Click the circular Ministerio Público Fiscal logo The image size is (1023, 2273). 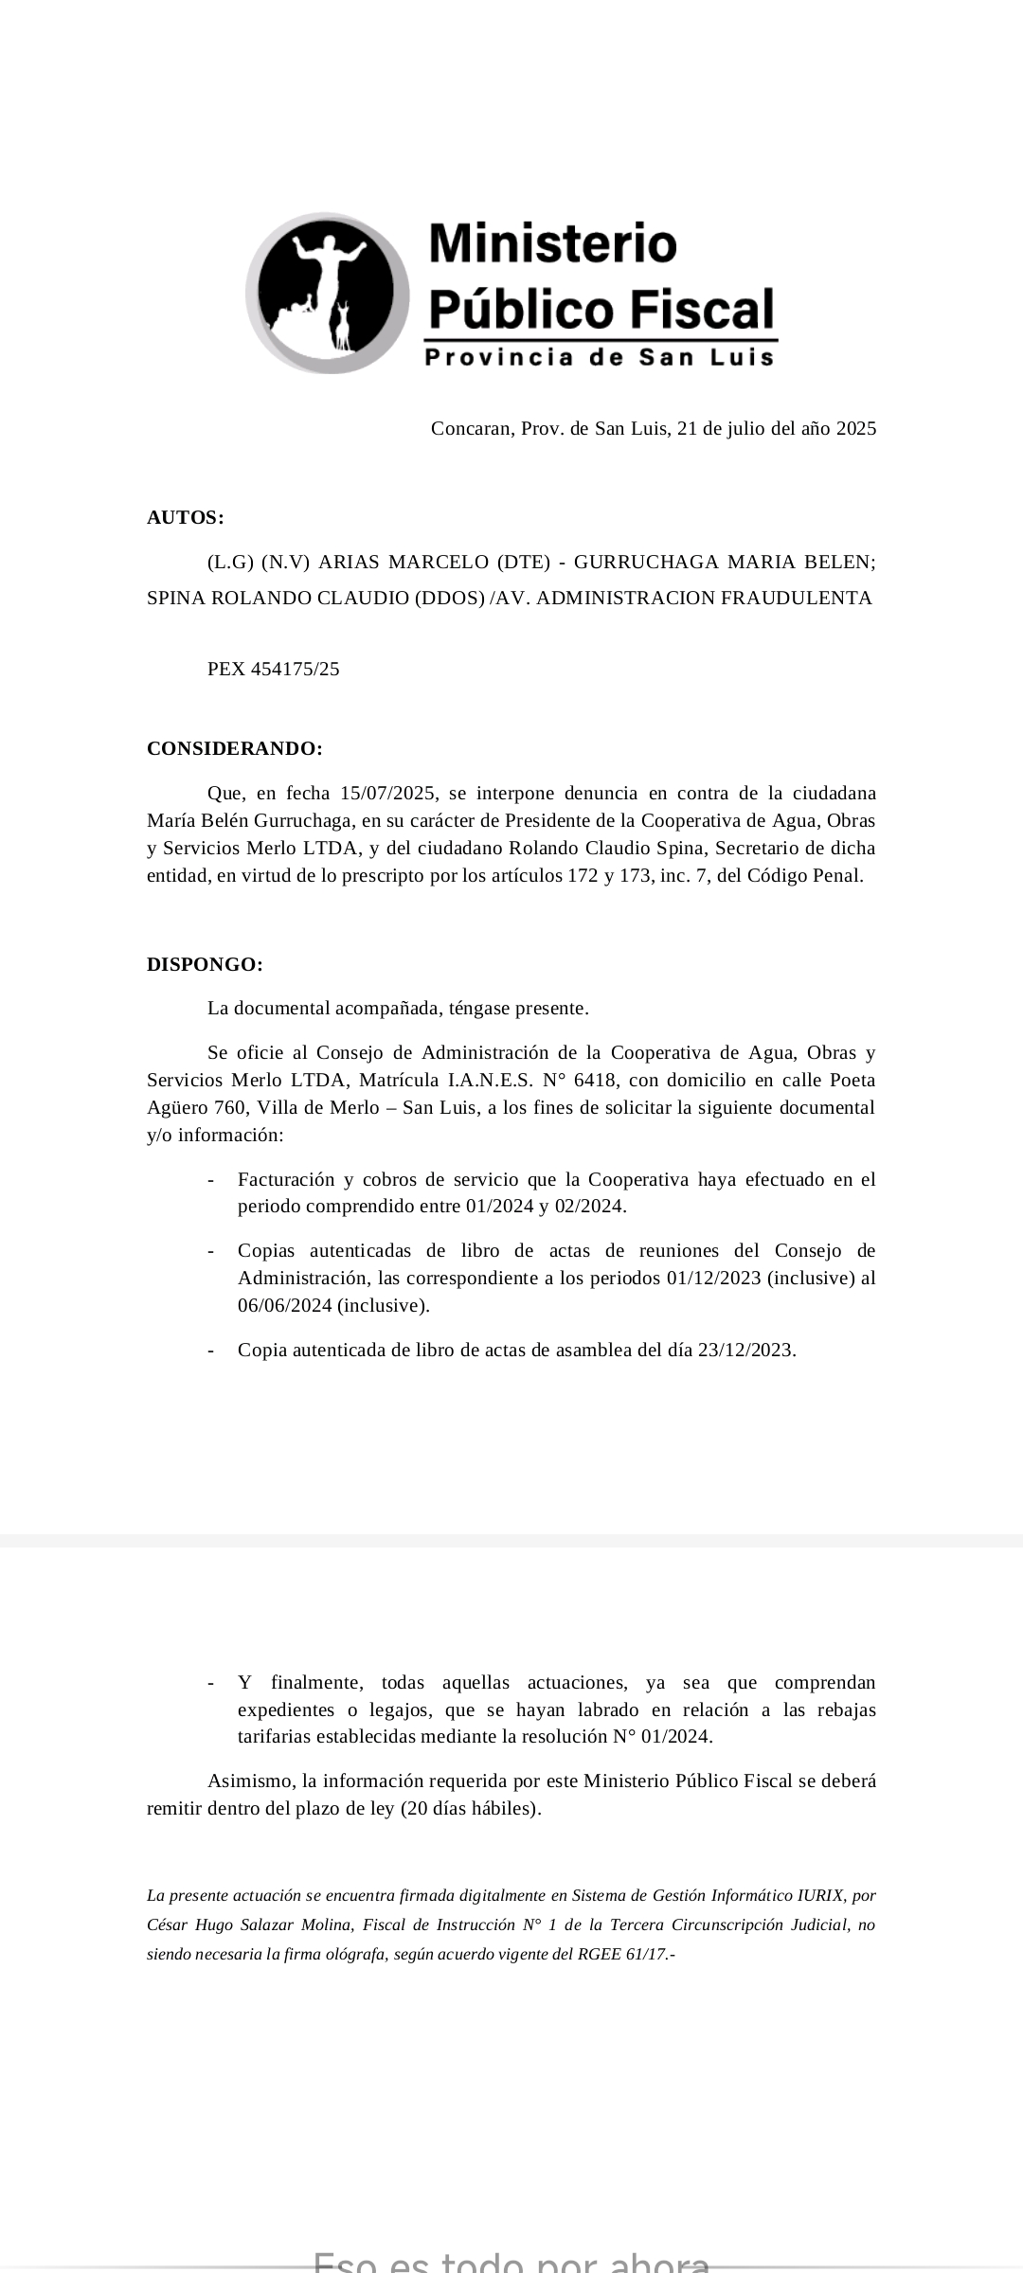[328, 292]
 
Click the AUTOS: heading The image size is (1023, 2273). [186, 517]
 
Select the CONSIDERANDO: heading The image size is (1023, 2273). [235, 748]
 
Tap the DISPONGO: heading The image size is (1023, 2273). [205, 964]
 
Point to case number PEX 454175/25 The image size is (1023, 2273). [273, 669]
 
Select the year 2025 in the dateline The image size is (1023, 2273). [855, 428]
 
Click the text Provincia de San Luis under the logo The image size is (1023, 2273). [600, 357]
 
